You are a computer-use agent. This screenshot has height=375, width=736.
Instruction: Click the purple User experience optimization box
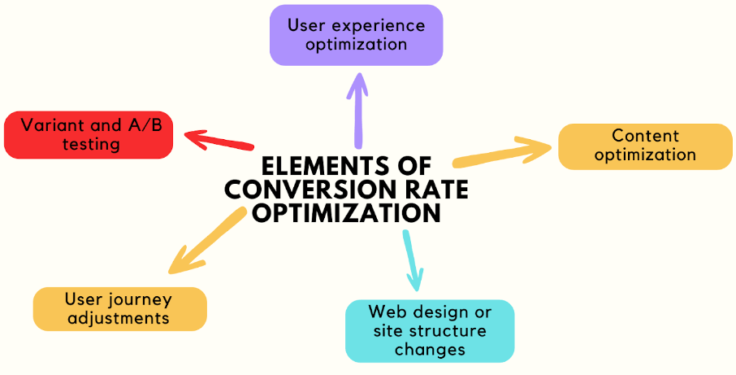click(x=356, y=35)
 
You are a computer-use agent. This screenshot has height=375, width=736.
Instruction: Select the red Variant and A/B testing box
click(x=89, y=135)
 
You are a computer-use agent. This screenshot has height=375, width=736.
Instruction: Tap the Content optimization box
click(x=645, y=146)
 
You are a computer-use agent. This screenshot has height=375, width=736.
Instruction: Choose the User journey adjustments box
click(x=119, y=308)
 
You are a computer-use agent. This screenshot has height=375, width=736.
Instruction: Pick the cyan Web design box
click(x=429, y=330)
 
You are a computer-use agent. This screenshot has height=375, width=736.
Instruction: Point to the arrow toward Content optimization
click(x=504, y=152)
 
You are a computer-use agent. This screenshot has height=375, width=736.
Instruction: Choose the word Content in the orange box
click(x=645, y=136)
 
